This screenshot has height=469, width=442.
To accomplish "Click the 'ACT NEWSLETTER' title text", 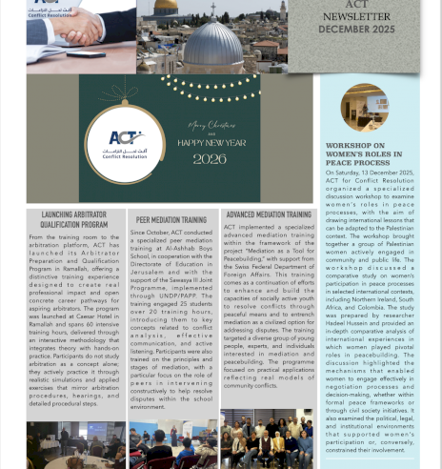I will (356, 10).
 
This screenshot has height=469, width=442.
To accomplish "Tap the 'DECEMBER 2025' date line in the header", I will (356, 30).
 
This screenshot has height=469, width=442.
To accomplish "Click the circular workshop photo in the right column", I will (364, 107).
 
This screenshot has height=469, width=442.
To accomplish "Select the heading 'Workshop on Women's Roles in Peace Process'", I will (363, 154).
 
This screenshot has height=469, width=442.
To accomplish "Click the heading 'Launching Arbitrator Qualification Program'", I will (74, 220).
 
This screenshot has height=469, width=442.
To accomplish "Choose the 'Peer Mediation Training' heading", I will (171, 220).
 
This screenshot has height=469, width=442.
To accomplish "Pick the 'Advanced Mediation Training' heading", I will (268, 215).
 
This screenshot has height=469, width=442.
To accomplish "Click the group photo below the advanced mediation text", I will (267, 439).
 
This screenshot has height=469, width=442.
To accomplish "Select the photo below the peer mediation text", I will (172, 444).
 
